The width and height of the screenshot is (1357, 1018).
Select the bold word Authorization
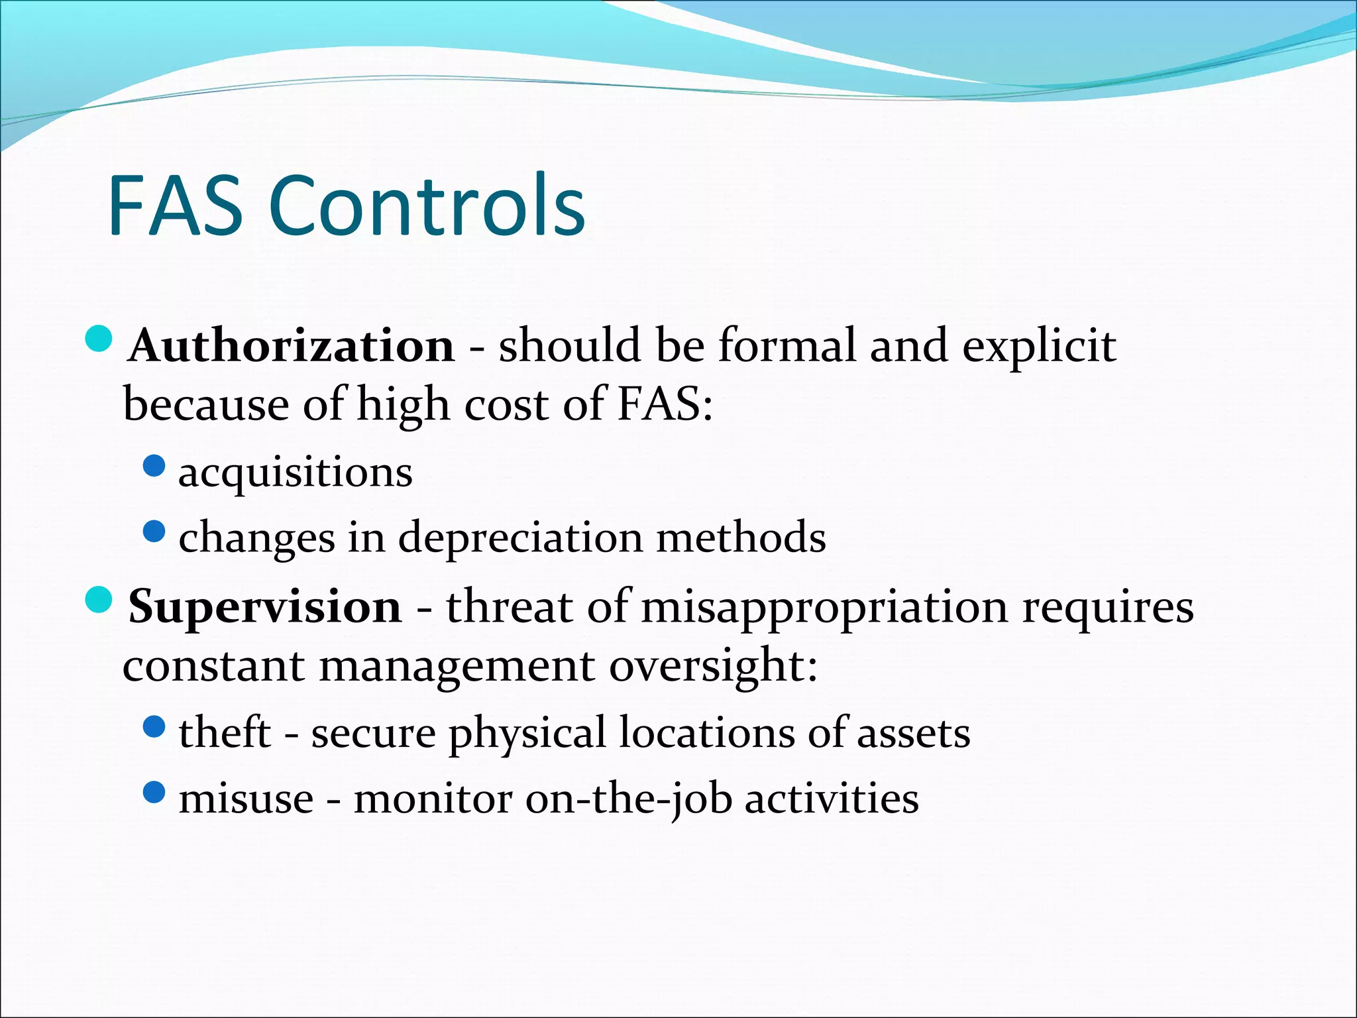[292, 346]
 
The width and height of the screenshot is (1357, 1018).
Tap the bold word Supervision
[265, 606]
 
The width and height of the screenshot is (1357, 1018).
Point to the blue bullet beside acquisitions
[154, 466]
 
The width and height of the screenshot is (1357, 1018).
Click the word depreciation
[520, 537]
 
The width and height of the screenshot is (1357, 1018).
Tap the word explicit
[1039, 346]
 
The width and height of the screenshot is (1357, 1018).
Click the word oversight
[713, 665]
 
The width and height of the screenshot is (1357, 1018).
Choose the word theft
[225, 733]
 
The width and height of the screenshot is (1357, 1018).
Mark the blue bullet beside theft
[154, 727]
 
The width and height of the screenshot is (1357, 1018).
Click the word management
[457, 665]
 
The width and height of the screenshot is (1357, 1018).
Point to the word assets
[914, 733]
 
